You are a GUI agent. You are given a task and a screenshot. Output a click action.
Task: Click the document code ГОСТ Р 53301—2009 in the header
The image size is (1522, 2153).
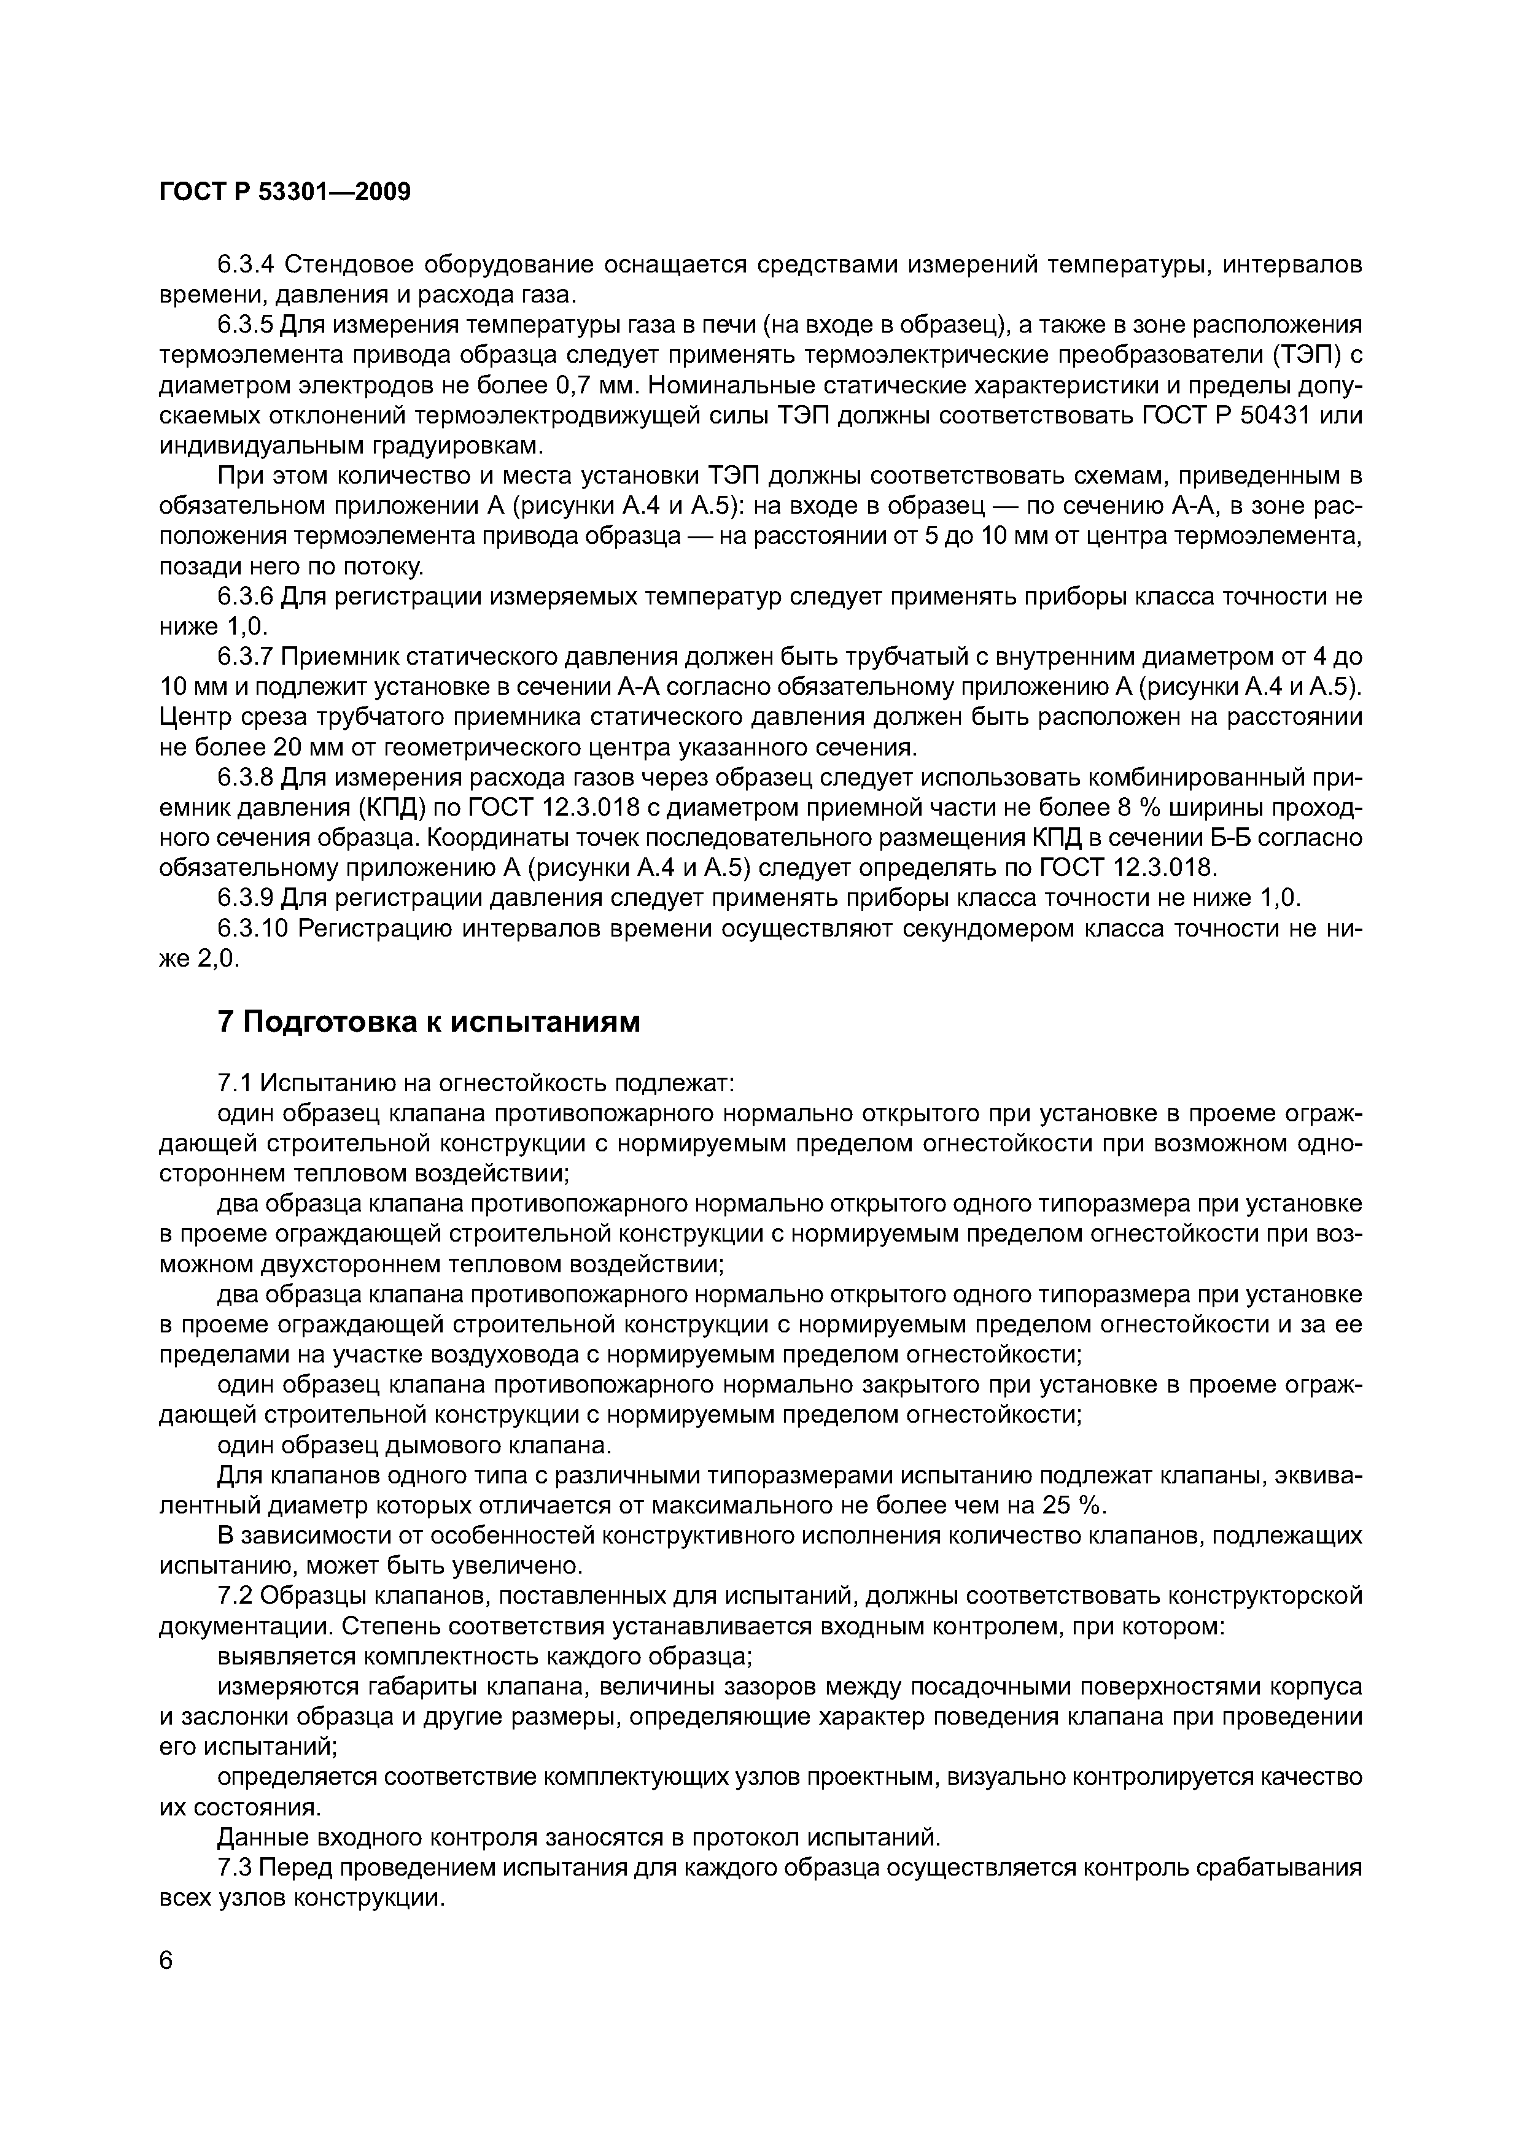click(x=285, y=192)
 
